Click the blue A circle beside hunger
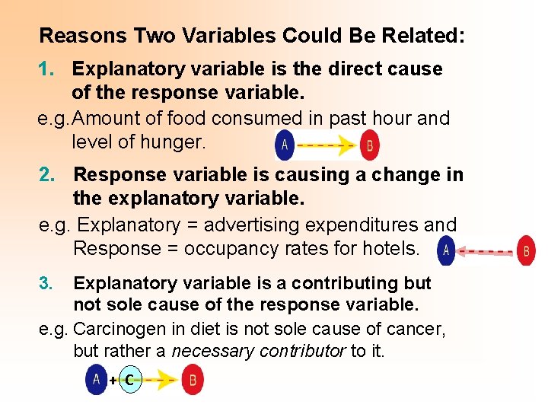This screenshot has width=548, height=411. [x=285, y=145]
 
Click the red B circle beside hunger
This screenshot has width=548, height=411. [x=370, y=145]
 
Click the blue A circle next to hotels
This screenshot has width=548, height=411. [x=446, y=250]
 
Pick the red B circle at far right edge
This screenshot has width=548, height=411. [x=526, y=250]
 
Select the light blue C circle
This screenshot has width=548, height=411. [x=130, y=380]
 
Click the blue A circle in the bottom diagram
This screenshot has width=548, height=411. [x=97, y=379]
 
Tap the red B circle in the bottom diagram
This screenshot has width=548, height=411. [x=193, y=379]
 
